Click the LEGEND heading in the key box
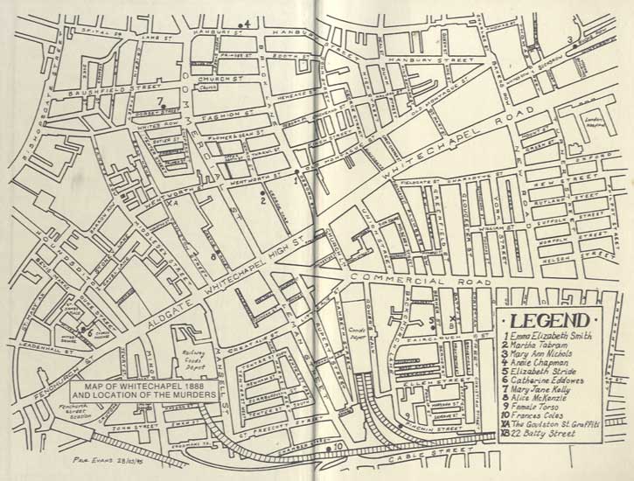(548, 319)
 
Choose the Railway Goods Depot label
(185, 352)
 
